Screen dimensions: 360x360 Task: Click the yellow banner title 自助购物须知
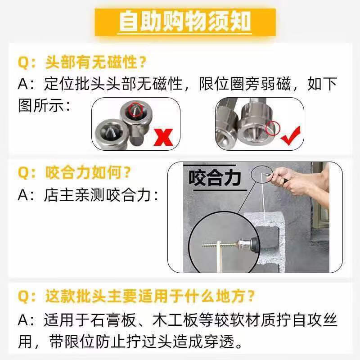185,22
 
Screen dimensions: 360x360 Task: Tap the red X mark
163,137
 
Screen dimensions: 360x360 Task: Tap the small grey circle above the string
262,175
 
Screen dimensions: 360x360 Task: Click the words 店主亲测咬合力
97,195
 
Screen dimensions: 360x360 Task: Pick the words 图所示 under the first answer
41,106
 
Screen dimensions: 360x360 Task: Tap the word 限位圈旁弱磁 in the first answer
245,84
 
